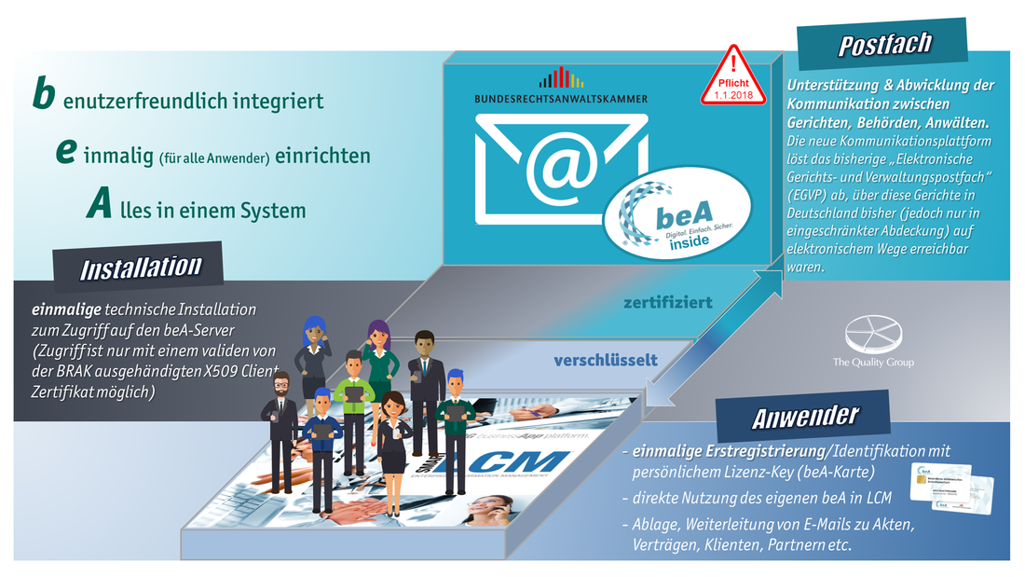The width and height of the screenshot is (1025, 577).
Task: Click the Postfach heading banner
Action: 884,45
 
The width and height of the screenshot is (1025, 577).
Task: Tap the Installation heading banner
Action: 141,268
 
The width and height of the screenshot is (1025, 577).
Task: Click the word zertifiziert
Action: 669,302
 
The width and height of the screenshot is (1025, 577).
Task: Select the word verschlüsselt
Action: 606,359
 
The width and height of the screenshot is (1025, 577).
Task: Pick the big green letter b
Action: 44,96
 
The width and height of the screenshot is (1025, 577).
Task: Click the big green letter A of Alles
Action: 101,207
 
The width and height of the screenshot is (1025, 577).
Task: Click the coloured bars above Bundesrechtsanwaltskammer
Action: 560,77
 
